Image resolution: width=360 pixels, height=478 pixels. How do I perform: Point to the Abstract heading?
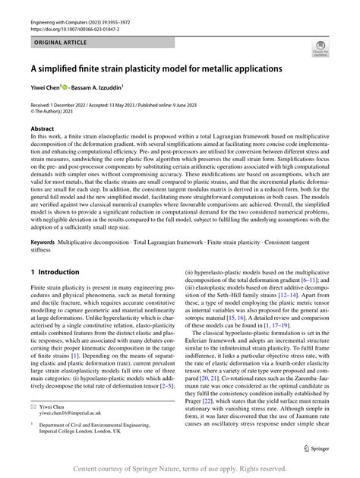43,130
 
